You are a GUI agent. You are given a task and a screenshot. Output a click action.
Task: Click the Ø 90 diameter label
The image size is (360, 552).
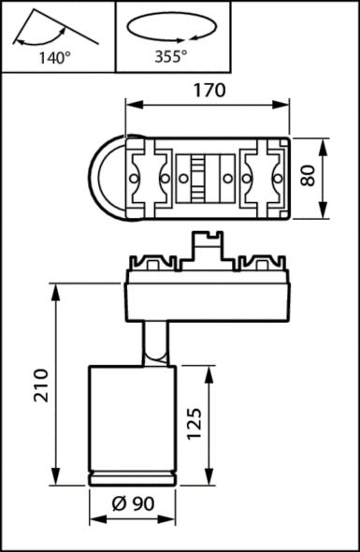click(x=131, y=503)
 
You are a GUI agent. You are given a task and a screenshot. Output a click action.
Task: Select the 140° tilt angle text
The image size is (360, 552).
click(x=55, y=57)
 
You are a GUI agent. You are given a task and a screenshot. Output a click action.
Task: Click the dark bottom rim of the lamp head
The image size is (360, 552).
click(x=130, y=479)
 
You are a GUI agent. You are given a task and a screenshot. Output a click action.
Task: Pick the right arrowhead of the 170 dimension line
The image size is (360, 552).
click(x=287, y=107)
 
